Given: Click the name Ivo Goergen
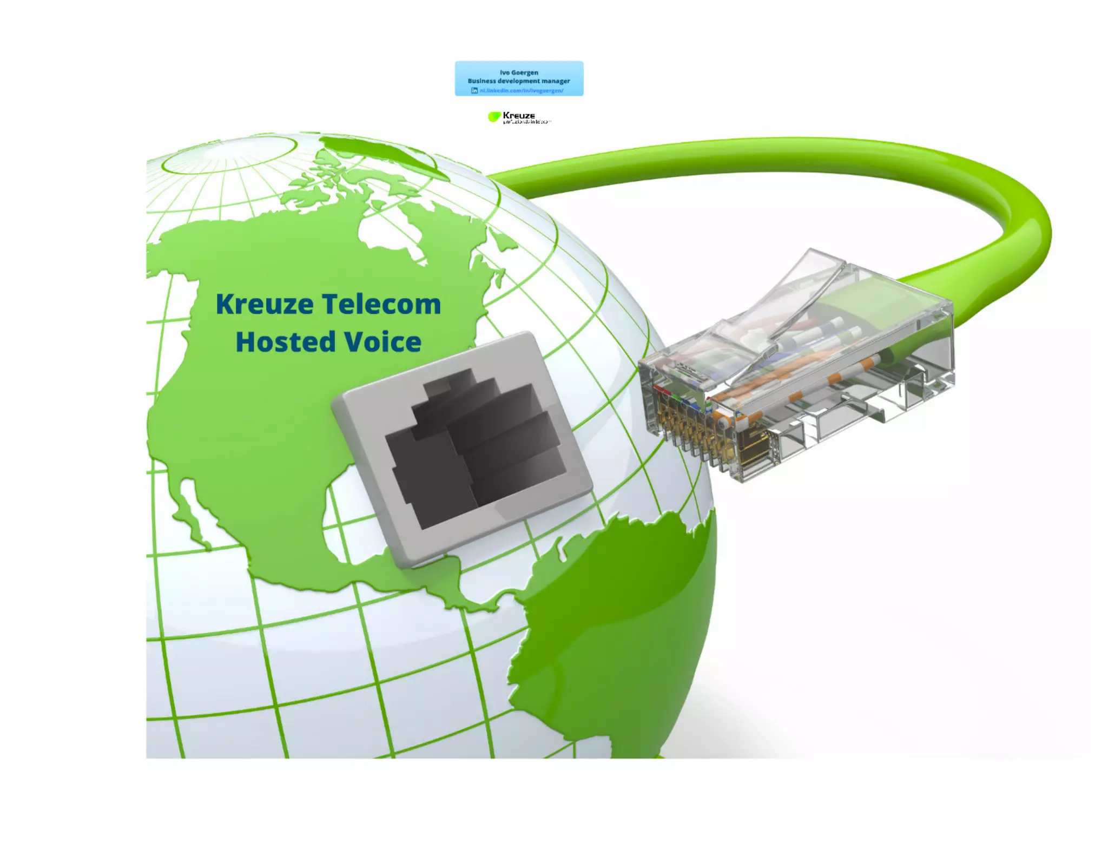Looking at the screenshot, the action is pos(519,73).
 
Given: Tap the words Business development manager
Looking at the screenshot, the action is pos(519,81).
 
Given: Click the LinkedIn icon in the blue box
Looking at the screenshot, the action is pos(474,90).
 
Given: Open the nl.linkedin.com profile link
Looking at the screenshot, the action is pos(522,90).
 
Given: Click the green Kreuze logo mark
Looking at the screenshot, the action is pos(494,117).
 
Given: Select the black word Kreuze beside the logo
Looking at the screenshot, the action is pos(519,115).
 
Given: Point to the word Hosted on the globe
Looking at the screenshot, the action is pos(286,342).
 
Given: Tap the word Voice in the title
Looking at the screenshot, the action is pos(383,342).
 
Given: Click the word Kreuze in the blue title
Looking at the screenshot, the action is pos(265,304).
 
